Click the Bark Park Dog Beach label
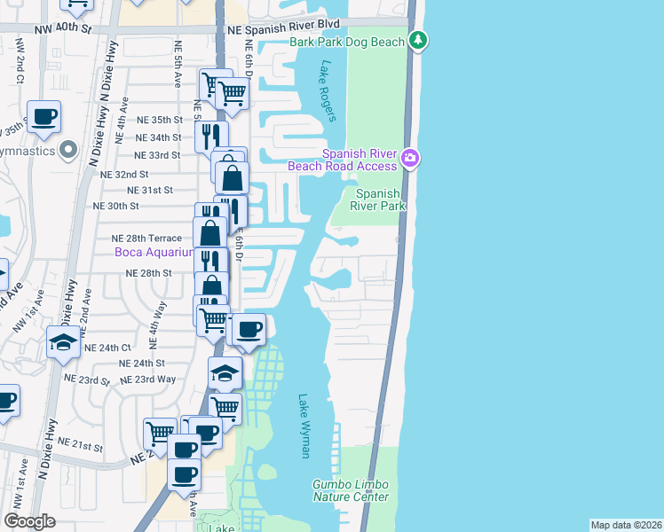pos(347,42)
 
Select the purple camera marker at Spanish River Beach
pos(410,159)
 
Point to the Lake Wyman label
pos(304,426)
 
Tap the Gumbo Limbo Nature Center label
pos(350,490)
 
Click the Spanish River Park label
pos(380,199)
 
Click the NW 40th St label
pos(65,28)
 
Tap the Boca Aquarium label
pos(154,252)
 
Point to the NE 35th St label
pos(160,120)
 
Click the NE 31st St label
pos(150,190)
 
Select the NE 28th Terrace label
pos(146,239)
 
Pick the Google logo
pos(29,520)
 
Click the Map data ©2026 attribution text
pos(626,525)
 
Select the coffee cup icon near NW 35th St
pos(43,116)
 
